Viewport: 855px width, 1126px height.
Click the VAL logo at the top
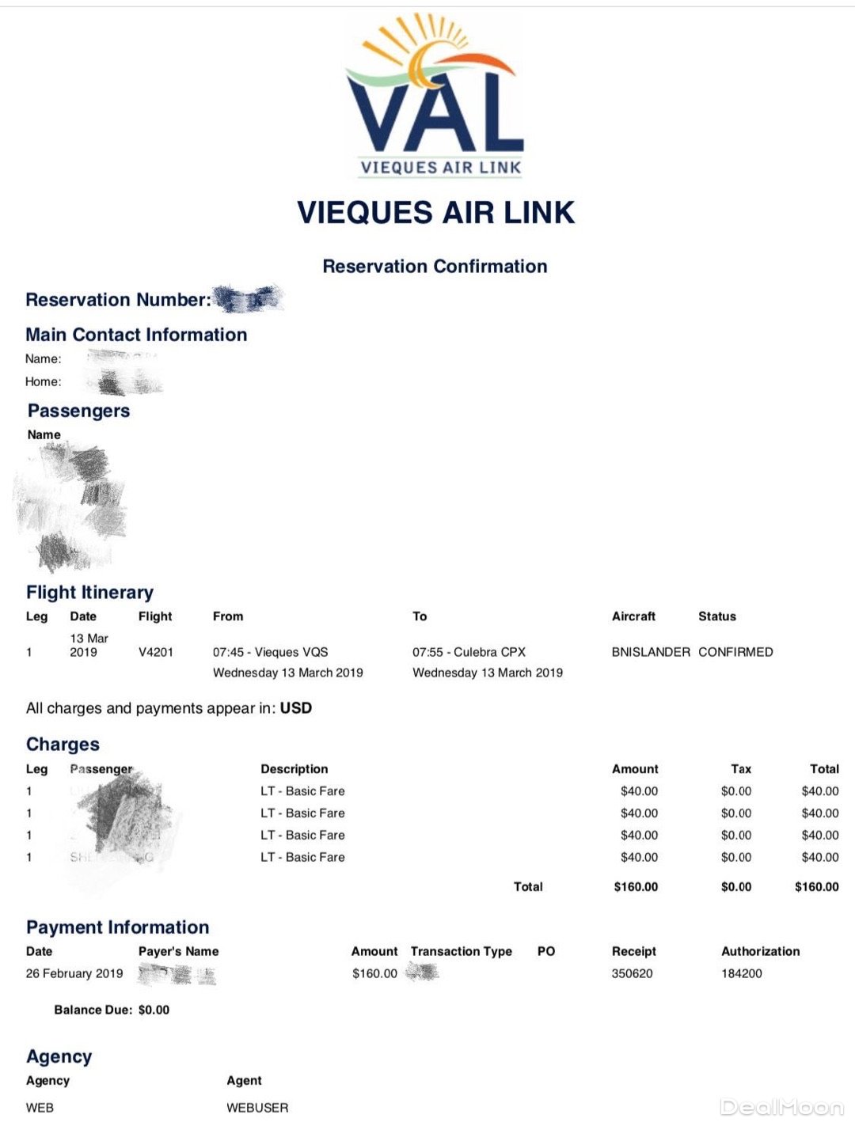click(435, 95)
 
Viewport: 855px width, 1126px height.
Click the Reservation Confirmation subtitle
click(435, 266)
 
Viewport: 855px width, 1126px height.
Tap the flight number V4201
click(155, 652)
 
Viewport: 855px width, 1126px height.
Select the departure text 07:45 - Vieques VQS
click(270, 652)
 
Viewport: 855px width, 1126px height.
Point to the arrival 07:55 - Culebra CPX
click(469, 652)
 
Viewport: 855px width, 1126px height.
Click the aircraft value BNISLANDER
click(651, 652)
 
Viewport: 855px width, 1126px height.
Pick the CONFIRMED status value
click(735, 652)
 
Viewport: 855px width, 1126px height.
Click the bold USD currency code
click(296, 708)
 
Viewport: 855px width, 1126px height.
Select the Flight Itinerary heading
click(89, 592)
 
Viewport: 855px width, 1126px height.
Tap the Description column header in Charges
click(294, 768)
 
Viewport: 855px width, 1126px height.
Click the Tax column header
click(741, 768)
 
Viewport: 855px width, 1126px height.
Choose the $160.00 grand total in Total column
click(816, 887)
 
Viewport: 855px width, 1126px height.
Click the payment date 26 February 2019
click(74, 973)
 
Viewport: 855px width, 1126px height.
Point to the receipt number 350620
click(632, 973)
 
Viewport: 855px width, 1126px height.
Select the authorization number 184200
click(741, 973)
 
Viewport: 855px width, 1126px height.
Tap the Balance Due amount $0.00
click(154, 1010)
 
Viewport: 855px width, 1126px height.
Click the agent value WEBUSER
click(257, 1108)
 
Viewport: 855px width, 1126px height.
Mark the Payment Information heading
click(117, 927)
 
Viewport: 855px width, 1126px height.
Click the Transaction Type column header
click(461, 951)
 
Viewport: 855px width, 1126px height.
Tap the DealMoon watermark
click(781, 1107)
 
